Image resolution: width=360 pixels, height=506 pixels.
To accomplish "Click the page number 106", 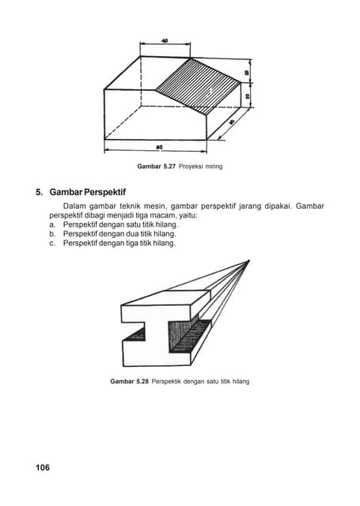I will tap(42, 468).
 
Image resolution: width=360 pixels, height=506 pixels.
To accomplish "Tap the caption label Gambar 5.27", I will tap(157, 167).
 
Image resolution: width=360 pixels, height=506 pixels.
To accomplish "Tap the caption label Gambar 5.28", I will tap(130, 382).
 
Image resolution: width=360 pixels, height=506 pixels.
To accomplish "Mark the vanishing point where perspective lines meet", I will tap(248, 261).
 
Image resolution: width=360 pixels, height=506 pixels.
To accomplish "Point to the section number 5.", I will tap(39, 192).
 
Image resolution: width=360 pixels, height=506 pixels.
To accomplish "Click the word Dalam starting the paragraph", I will tap(74, 206).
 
